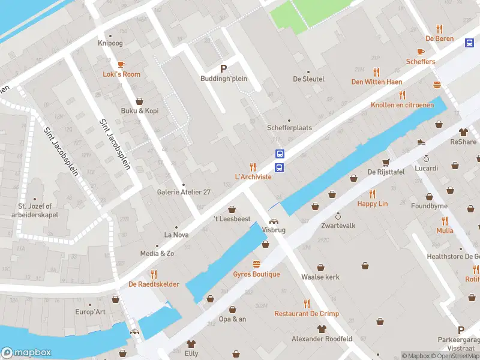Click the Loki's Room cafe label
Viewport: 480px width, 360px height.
121,74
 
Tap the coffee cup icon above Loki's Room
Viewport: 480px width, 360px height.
121,64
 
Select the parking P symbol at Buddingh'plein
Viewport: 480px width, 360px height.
224,68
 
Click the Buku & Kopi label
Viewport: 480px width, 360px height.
140,111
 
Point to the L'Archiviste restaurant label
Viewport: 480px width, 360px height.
253,177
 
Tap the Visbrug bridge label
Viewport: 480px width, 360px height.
273,229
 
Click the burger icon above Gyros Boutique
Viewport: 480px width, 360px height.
257,264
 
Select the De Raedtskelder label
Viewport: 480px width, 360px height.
154,284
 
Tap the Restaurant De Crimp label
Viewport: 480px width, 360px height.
307,314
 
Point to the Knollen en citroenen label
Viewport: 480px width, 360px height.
402,105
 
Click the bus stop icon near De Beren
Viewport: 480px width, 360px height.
469,42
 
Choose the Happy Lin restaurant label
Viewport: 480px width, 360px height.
372,204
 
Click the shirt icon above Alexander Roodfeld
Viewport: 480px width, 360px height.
322,329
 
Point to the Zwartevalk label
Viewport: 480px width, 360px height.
338,226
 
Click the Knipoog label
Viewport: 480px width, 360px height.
110,43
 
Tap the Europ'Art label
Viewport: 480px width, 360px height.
90,312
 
